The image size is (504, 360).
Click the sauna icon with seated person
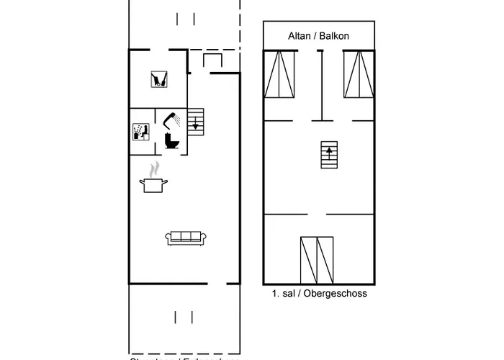click(x=141, y=131)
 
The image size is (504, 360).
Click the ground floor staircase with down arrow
click(x=195, y=122)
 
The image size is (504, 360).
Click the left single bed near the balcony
click(x=280, y=73)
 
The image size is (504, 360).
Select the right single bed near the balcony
click(x=359, y=73)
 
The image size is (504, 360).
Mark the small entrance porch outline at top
click(x=213, y=60)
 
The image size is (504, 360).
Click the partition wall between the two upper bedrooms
click(x=321, y=86)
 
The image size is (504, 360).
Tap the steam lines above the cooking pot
click(x=154, y=170)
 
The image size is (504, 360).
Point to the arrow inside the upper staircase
click(x=329, y=151)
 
